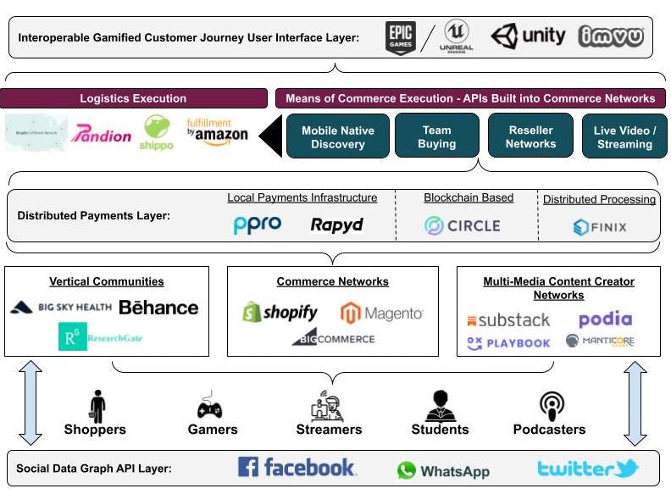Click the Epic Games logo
400,38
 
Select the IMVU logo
611,37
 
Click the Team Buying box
436,136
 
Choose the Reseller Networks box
530,136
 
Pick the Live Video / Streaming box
624,137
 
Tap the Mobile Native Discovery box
337,136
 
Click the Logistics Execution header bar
133,98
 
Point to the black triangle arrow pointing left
270,136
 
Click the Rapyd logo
336,225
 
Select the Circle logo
463,226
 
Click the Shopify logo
280,313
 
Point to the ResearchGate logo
100,337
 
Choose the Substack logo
508,321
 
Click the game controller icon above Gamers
209,406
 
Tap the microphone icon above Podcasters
552,406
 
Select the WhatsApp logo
443,471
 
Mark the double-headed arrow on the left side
30,403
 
